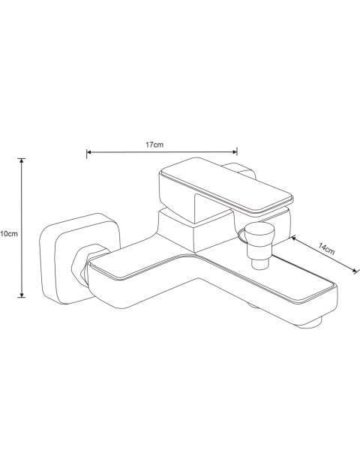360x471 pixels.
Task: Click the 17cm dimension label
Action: (x=154, y=145)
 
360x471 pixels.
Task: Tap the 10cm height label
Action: (x=9, y=234)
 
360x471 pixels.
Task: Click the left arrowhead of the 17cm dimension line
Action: (x=89, y=152)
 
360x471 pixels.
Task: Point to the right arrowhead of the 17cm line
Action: (x=235, y=152)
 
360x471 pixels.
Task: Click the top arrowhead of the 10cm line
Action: (x=21, y=161)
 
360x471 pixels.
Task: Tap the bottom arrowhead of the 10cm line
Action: (x=22, y=294)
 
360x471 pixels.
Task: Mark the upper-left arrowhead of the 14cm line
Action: (x=293, y=238)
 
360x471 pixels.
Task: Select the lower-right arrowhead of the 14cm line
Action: (x=356, y=271)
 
